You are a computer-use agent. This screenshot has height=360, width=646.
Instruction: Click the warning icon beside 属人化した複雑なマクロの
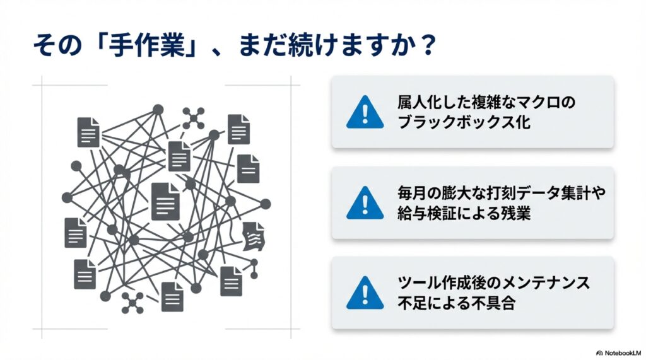365,112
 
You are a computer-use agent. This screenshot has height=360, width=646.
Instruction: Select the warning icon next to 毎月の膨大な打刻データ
365,203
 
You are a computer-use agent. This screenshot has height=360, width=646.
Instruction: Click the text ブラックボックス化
464,122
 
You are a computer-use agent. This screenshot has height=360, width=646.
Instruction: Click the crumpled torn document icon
255,236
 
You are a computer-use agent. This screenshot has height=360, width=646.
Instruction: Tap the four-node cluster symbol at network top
194,117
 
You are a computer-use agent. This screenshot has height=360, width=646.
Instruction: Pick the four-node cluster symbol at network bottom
133,302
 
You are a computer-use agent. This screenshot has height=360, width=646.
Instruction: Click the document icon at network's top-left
88,132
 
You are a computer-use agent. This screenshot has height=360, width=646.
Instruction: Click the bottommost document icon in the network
172,296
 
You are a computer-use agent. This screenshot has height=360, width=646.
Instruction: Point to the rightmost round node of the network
266,204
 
